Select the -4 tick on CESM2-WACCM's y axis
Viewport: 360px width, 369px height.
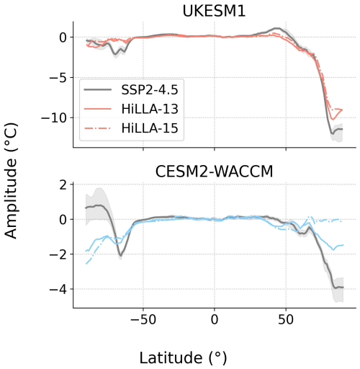pyautogui.click(x=59, y=289)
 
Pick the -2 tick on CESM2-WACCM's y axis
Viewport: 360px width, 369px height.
pyautogui.click(x=59, y=254)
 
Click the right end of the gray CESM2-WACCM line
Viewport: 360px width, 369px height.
pyautogui.click(x=343, y=288)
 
